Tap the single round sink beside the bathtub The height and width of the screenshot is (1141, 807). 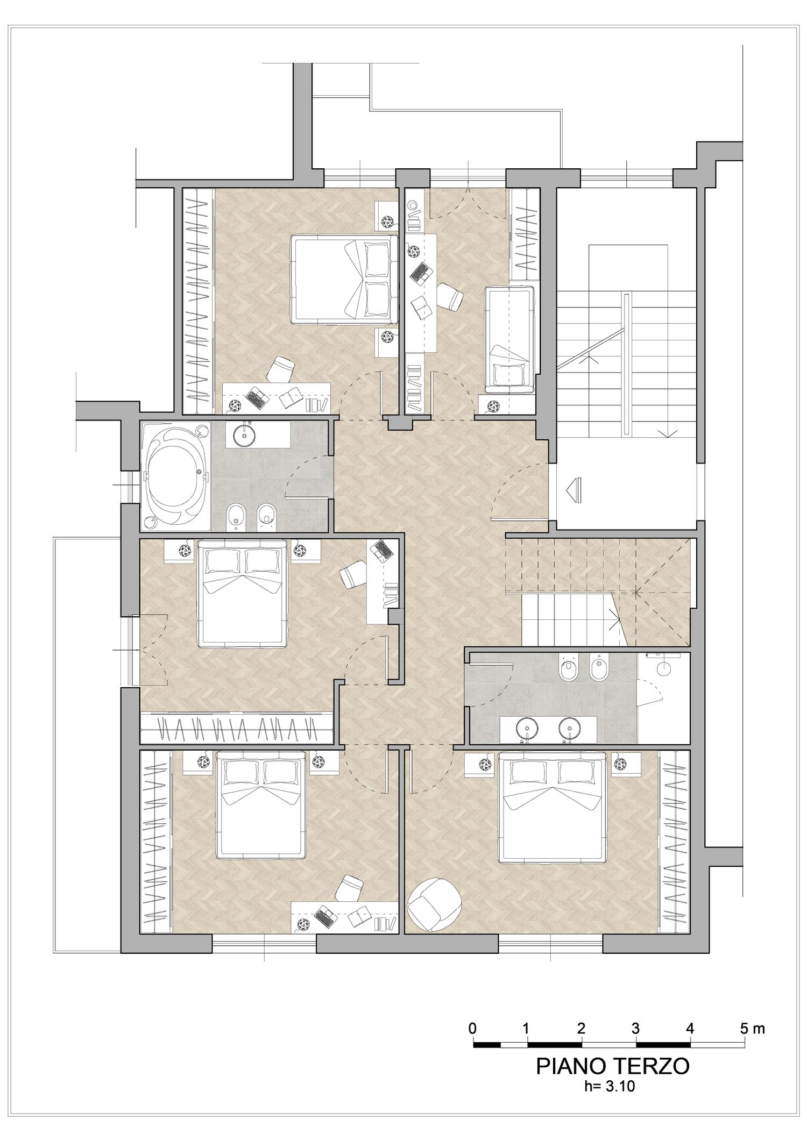coord(244,435)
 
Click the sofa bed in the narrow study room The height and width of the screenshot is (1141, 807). coord(509,339)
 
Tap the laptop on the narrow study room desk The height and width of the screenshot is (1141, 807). coord(420,273)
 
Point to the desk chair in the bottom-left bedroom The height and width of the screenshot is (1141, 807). coord(349,887)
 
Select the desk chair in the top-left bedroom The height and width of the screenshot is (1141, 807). coord(282,369)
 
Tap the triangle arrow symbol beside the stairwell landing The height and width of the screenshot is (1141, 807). coord(575,490)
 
